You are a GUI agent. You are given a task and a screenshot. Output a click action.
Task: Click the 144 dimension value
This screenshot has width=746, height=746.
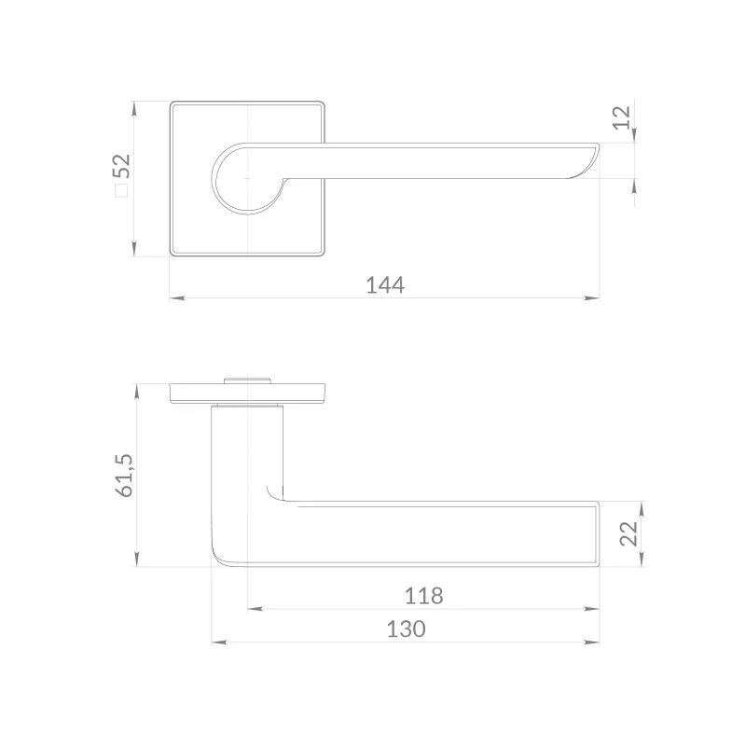pos(385,285)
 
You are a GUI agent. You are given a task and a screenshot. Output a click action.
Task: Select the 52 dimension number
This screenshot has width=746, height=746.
pos(121,165)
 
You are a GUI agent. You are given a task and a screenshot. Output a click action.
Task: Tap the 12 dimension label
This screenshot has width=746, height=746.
pos(621,117)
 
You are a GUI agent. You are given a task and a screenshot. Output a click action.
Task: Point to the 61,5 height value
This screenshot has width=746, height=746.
pos(125,476)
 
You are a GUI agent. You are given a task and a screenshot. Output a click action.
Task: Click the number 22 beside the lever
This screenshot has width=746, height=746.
pos(629,533)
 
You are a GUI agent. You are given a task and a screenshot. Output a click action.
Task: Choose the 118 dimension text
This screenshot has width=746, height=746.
pos(423,596)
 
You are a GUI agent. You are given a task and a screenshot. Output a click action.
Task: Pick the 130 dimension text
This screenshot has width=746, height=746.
pos(406,629)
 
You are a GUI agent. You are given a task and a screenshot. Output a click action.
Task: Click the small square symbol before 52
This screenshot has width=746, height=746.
pos(122,190)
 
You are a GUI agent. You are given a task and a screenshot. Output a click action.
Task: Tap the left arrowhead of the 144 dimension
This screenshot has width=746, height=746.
pos(177,298)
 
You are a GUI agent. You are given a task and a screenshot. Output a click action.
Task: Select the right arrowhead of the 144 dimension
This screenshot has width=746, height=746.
pos(591,298)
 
